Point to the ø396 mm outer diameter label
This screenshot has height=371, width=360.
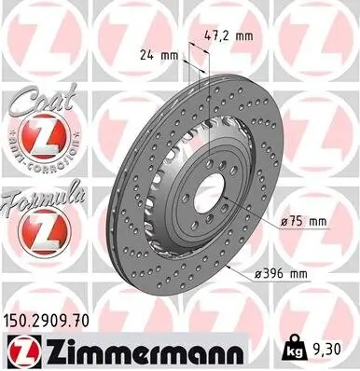tap(281, 275)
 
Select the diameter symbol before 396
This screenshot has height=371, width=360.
tap(256, 275)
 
